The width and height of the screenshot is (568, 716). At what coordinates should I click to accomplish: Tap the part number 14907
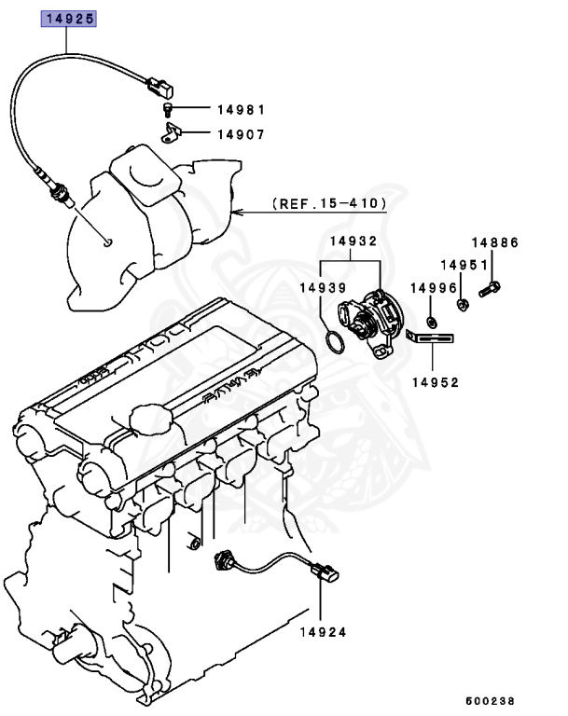click(241, 134)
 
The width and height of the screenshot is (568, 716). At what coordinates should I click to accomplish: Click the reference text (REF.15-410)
click(328, 202)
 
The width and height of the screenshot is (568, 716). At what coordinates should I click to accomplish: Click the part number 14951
click(464, 265)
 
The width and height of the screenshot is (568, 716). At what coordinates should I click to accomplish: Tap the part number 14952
click(436, 381)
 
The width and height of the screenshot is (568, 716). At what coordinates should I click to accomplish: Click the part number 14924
click(323, 631)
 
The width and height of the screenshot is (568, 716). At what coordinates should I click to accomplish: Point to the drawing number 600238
click(491, 700)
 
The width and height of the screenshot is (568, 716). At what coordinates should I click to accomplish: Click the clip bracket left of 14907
click(169, 136)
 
